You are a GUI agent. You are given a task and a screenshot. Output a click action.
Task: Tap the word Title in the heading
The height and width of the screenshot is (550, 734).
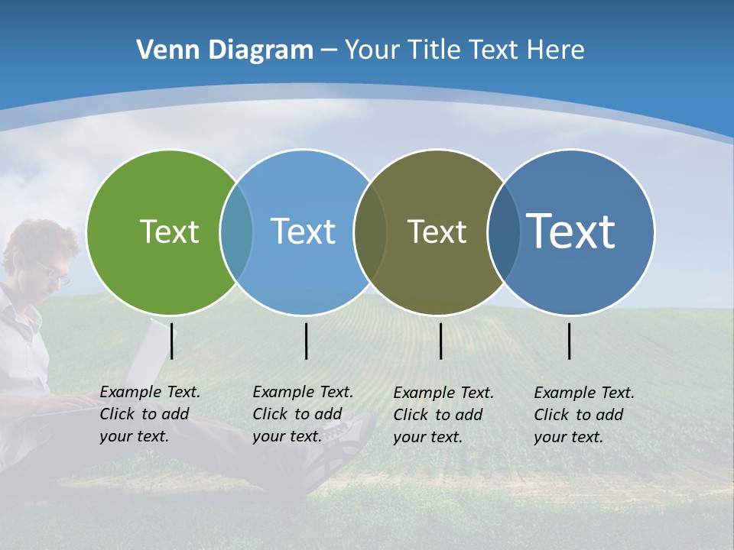point(434,50)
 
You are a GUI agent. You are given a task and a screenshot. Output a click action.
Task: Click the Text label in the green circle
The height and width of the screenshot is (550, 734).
point(169,231)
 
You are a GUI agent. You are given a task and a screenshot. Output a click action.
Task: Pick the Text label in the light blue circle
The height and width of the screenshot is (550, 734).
point(304,231)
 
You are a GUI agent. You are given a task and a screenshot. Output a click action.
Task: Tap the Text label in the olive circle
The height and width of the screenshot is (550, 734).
point(437,231)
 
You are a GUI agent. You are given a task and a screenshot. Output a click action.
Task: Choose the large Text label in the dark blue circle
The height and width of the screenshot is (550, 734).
point(571,231)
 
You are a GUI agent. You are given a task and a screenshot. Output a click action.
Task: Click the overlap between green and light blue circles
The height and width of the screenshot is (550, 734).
point(236,232)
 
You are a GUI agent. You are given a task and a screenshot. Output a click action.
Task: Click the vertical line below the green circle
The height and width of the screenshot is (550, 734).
point(172,341)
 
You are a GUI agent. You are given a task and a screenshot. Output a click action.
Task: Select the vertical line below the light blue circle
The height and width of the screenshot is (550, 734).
point(307,341)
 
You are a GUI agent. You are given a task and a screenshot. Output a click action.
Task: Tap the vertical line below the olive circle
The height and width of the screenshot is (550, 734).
point(441,341)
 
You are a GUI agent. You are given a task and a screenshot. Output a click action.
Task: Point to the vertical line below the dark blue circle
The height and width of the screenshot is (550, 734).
point(570,341)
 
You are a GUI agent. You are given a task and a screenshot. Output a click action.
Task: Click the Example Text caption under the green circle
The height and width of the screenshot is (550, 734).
point(150,414)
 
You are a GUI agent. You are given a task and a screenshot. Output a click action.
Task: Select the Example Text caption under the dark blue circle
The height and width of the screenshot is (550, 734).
point(584,415)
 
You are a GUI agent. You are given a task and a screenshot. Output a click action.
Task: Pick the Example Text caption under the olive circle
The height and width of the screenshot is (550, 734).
point(443,415)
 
